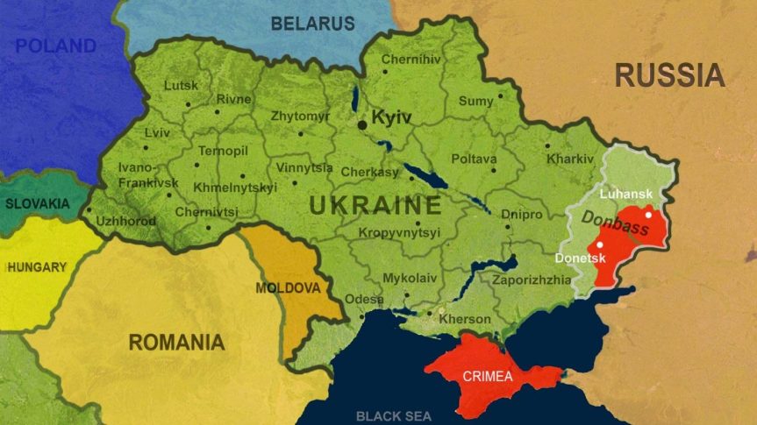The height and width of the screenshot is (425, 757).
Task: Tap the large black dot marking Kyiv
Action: (361, 125)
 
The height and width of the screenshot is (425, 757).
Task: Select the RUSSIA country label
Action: (669, 75)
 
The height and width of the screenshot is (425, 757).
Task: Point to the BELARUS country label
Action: (312, 24)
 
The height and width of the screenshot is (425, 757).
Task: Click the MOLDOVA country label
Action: (286, 287)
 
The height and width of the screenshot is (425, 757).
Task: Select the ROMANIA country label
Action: (176, 342)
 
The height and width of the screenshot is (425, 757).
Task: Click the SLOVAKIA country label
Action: (37, 203)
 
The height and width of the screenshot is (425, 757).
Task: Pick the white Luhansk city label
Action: (625, 193)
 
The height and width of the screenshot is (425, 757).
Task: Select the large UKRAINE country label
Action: (375, 207)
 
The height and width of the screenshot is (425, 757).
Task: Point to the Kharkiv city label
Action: (570, 159)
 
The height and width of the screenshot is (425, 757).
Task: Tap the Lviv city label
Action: (157, 133)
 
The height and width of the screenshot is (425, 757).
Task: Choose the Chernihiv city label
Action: (411, 60)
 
